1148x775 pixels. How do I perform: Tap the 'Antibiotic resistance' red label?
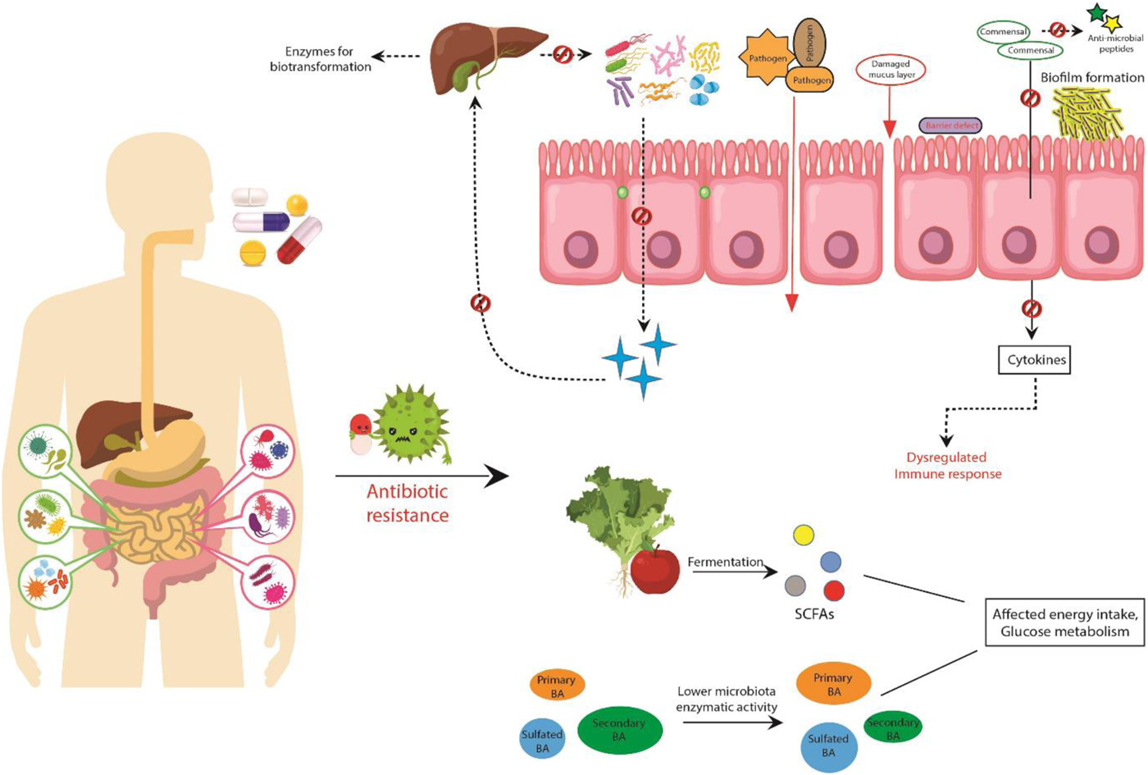(x=408, y=503)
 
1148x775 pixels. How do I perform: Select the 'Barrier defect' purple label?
(x=951, y=125)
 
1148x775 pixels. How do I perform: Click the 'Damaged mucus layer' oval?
(x=891, y=70)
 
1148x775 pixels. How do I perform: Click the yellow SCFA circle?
(x=804, y=536)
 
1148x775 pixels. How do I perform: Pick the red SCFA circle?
(x=834, y=590)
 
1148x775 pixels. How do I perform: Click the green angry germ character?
(x=410, y=425)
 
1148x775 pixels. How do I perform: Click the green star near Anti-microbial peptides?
(x=1097, y=13)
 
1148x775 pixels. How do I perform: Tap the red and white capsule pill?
(x=299, y=239)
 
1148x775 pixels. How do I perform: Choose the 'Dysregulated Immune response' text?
(x=947, y=465)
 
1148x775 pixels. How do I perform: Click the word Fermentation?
(x=725, y=562)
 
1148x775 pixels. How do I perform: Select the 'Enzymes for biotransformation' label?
(x=320, y=59)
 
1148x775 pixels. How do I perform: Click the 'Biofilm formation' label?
(x=1092, y=77)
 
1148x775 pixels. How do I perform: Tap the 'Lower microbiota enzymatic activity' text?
(x=727, y=699)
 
